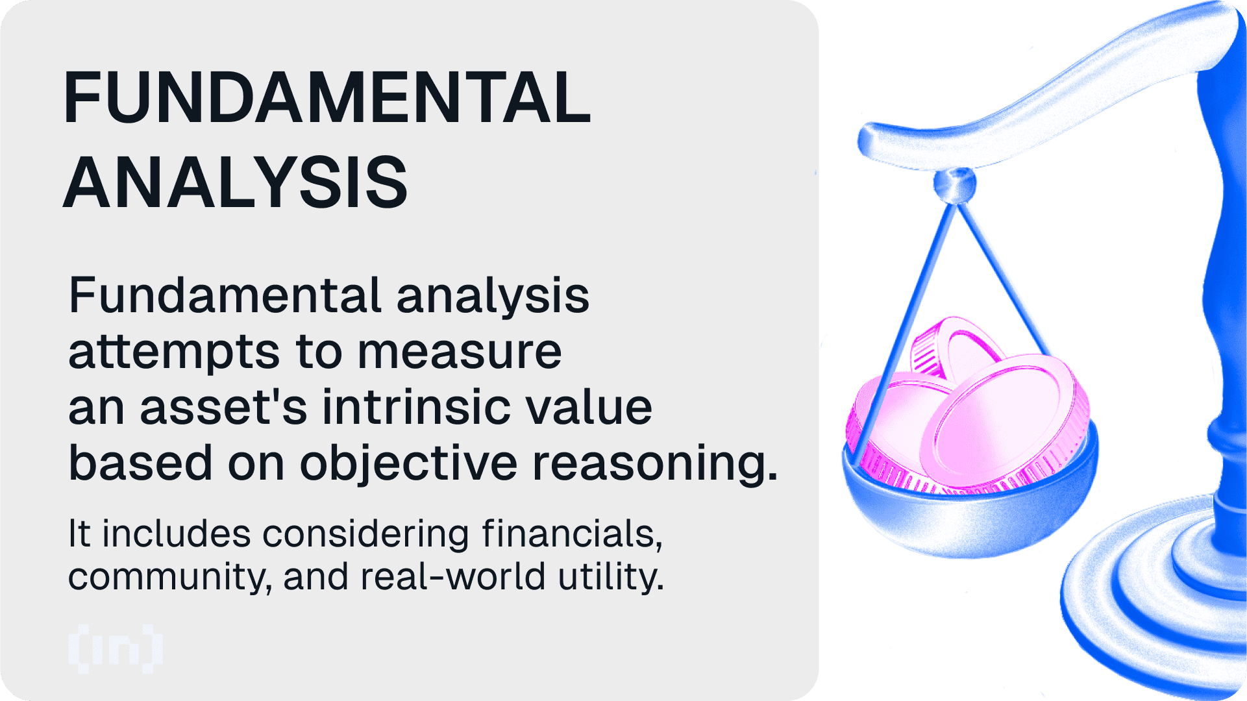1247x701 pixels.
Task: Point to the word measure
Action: pos(460,352)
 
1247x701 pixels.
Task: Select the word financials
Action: pos(572,535)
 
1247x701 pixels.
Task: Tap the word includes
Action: pos(176,534)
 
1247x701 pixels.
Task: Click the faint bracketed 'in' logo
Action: pos(116,648)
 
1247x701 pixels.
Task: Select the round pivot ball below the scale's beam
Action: pos(954,184)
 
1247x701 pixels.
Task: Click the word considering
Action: pos(365,535)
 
